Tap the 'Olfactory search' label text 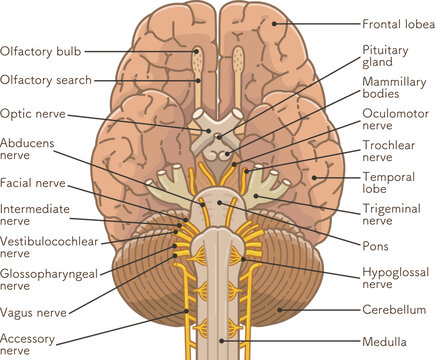tap(47, 79)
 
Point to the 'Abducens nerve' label tap(28, 151)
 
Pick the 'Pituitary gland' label tap(384, 55)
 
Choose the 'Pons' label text tap(377, 245)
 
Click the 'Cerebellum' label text tap(394, 310)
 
